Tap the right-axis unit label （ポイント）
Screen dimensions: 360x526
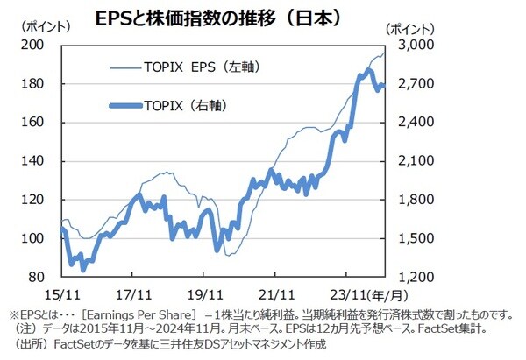click(x=409, y=28)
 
